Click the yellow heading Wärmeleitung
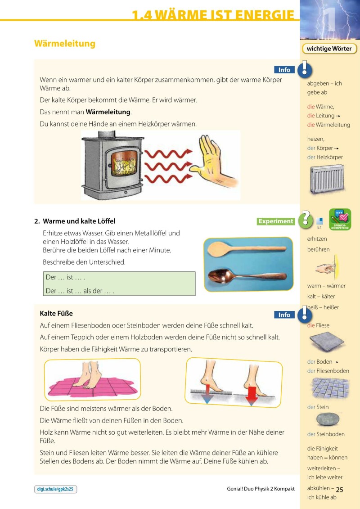click(x=65, y=44)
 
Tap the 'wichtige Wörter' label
click(x=329, y=49)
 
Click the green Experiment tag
click(x=275, y=221)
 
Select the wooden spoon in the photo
click(x=247, y=249)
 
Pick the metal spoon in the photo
click(x=247, y=277)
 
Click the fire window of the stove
click(x=124, y=163)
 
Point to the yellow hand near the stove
click(x=212, y=161)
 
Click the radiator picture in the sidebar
click(x=327, y=180)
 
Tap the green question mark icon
click(x=305, y=219)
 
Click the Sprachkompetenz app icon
click(x=340, y=220)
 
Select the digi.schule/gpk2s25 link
click(x=55, y=489)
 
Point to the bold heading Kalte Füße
click(x=56, y=313)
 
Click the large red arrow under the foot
click(x=252, y=396)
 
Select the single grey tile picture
click(x=327, y=342)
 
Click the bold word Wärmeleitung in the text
click(x=108, y=112)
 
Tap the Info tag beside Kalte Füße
click(x=284, y=315)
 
